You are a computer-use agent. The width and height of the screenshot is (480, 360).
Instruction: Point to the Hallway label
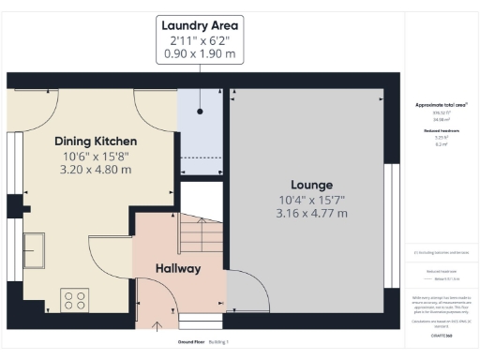178,269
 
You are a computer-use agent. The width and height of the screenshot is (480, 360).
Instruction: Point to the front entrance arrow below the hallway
156,324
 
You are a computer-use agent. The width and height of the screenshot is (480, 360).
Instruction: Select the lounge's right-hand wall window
389,225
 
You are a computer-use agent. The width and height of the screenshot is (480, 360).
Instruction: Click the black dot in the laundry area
200,112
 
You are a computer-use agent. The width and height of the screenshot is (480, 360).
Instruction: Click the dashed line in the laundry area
201,156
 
